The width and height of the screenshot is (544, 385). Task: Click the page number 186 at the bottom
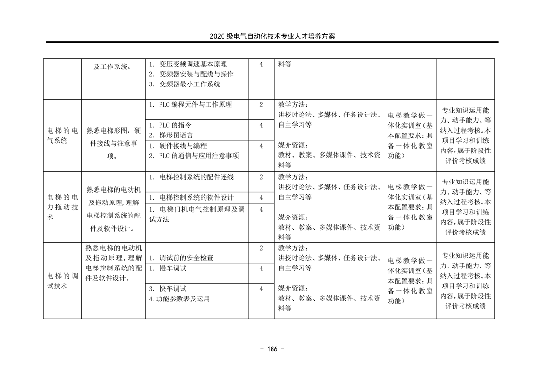[272, 349]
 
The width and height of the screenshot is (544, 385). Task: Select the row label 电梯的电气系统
[62, 135]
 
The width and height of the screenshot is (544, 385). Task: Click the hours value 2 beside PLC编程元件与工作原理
[261, 104]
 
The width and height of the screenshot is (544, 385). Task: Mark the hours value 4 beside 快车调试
[261, 288]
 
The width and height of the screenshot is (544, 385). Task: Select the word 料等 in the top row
[285, 64]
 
